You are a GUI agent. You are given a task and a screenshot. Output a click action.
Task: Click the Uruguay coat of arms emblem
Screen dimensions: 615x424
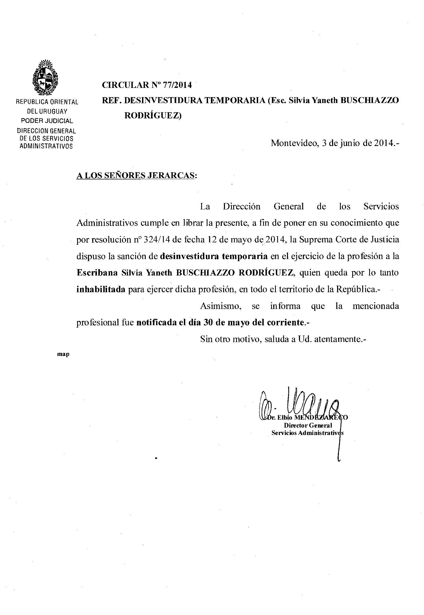pos(45,77)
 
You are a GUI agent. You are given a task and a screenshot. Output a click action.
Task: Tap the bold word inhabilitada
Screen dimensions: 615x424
pos(101,289)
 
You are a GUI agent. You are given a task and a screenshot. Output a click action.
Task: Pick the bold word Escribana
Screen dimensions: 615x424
pos(97,273)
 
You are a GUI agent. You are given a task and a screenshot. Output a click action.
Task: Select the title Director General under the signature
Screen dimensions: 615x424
pos(308,425)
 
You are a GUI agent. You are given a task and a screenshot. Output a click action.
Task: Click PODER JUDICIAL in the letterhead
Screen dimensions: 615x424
pos(47,121)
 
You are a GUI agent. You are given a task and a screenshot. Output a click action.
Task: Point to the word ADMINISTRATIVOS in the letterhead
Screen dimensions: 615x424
pos(46,146)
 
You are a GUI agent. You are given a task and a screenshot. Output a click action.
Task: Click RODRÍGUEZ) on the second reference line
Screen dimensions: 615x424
pos(153,116)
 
